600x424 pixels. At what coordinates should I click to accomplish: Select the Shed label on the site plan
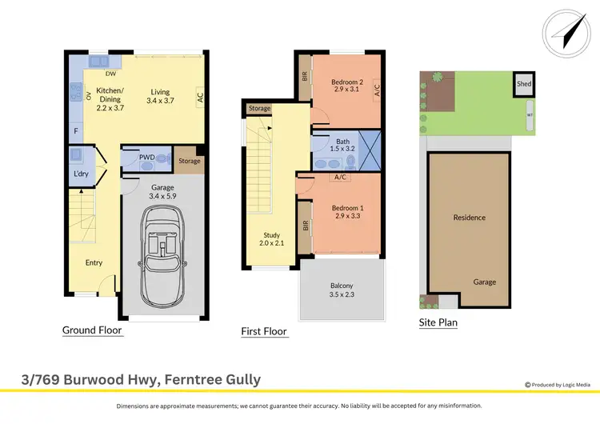[x=524, y=84]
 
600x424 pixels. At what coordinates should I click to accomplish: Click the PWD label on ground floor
[x=146, y=158]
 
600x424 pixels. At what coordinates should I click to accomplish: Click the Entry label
[x=94, y=262]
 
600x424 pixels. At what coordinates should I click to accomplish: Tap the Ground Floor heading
[x=93, y=330]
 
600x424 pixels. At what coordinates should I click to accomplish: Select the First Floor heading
[x=264, y=331]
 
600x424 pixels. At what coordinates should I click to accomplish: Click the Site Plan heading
[x=438, y=323]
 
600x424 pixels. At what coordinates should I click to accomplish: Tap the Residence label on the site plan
[x=469, y=218]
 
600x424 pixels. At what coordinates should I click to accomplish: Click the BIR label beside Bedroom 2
[x=304, y=78]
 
